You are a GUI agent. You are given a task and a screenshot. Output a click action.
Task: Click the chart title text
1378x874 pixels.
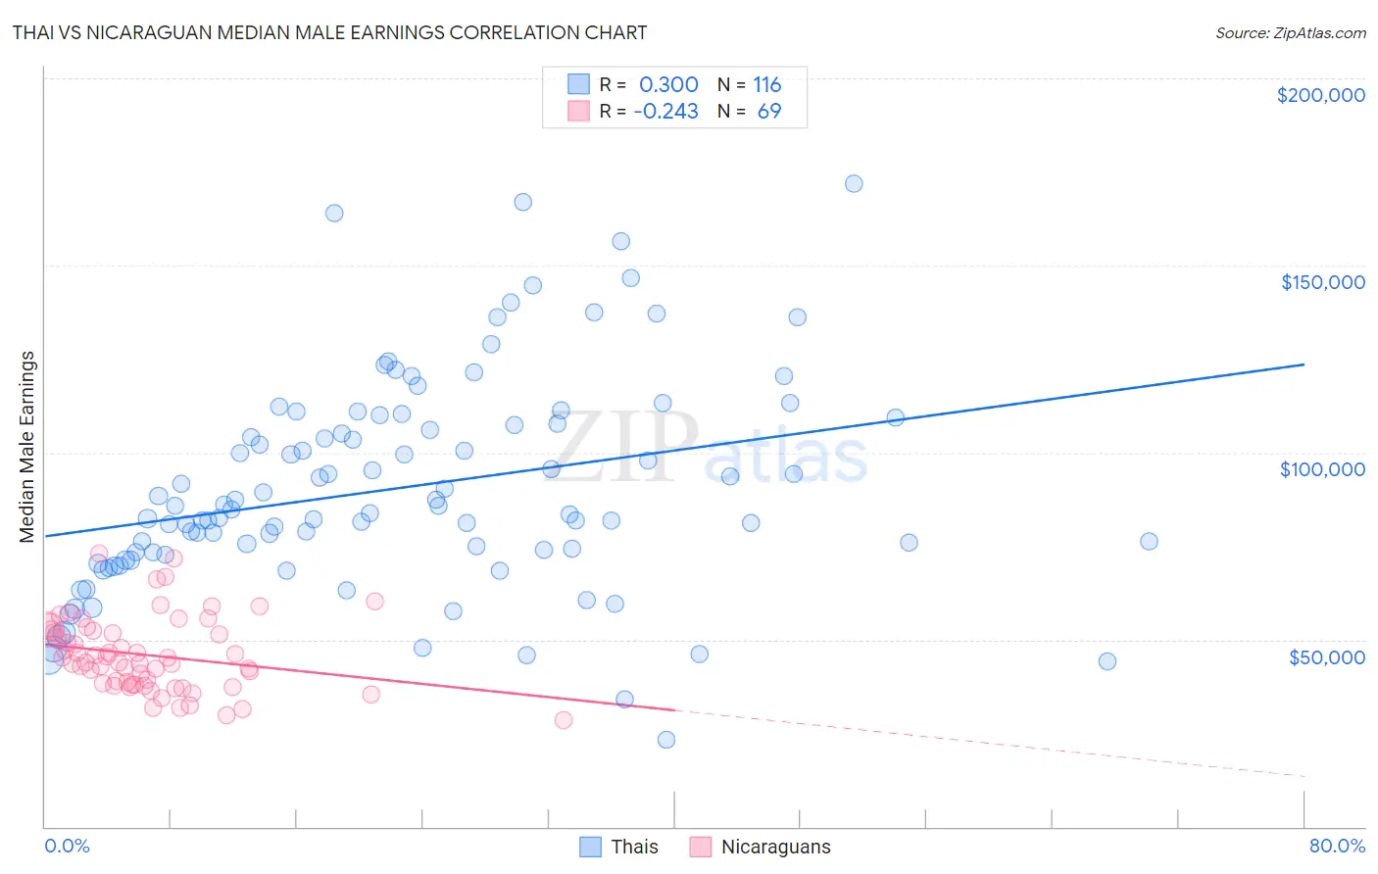[329, 32]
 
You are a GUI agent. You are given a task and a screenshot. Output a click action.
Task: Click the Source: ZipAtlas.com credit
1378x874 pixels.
[1290, 32]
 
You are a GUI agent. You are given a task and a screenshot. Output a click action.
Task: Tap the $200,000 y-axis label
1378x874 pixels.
[1320, 95]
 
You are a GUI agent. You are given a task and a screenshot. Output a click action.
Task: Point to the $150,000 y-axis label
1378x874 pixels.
[1322, 282]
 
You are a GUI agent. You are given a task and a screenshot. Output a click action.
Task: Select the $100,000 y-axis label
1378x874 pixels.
[1322, 469]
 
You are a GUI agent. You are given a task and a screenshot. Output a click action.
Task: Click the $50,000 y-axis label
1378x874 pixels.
[1326, 656]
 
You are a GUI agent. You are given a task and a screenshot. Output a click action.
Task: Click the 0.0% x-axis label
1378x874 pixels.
[67, 846]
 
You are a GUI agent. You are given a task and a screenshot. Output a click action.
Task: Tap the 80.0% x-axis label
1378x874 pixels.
[1337, 846]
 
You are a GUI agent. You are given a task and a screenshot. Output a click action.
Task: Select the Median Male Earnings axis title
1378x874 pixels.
[27, 447]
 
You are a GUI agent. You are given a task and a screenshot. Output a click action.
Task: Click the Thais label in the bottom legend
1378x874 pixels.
[634, 847]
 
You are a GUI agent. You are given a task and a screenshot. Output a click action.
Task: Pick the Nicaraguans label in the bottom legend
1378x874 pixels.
[775, 847]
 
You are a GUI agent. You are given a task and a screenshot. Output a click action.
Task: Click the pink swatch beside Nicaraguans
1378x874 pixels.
[700, 847]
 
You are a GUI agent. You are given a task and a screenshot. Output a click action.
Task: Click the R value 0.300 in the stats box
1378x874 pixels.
[668, 85]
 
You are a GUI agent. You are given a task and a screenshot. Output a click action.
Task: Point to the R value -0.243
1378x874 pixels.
[666, 112]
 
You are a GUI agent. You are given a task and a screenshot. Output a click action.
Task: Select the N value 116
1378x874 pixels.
[766, 85]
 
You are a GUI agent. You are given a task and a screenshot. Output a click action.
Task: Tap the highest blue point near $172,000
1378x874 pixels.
[854, 184]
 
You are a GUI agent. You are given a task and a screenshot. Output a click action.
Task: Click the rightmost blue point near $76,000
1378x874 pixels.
[1149, 542]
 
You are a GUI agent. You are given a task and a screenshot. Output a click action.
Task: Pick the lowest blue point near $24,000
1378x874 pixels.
[666, 740]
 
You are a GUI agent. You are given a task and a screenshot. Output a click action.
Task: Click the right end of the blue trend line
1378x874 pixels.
[1304, 364]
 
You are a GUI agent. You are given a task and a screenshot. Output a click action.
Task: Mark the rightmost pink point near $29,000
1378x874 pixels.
[564, 720]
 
